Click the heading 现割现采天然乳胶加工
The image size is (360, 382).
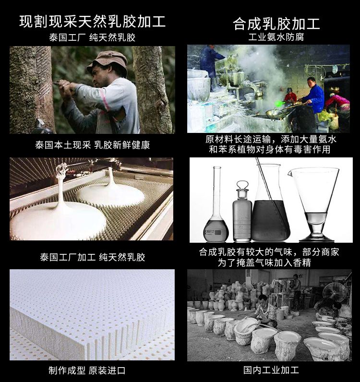pyautogui.click(x=93, y=21)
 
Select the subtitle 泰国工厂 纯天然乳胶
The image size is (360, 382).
pyautogui.click(x=92, y=37)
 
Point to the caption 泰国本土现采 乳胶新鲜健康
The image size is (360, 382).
pyautogui.click(x=92, y=144)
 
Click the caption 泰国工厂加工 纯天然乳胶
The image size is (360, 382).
pyautogui.click(x=92, y=257)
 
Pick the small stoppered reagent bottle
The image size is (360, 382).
pyautogui.click(x=242, y=214)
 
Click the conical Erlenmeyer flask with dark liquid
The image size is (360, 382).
pyautogui.click(x=271, y=211)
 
